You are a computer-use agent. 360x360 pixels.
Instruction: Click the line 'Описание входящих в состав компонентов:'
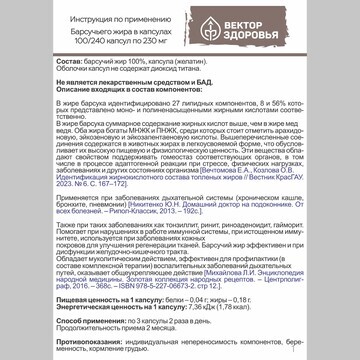click(120, 95)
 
